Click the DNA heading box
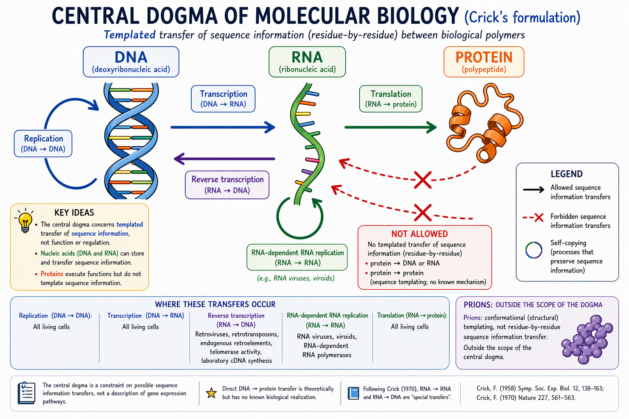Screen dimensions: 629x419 tap(131, 62)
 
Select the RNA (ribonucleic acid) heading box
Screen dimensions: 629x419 tap(307, 62)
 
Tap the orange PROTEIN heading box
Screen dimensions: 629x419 tap(484, 62)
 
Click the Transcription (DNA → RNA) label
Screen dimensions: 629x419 tap(223, 99)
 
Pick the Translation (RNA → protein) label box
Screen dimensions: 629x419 tap(391, 99)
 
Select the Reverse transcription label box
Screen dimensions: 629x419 tap(227, 185)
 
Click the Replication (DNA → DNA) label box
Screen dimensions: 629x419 tap(43, 143)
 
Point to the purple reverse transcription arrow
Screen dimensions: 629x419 tap(224, 159)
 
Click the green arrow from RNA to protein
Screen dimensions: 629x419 tap(390, 127)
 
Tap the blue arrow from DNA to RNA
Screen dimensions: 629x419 tap(223, 127)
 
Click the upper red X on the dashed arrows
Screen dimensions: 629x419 tap(423, 180)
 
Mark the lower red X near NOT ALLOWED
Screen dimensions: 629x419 tap(423, 213)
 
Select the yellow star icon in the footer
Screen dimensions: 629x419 tap(211, 393)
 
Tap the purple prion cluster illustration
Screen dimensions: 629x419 tap(586, 339)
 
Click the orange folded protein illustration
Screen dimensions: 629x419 tap(484, 123)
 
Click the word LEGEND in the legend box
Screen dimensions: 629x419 tap(566, 174)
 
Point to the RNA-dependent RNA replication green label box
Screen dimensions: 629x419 tap(297, 257)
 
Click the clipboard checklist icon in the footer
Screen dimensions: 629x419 tap(26, 393)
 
